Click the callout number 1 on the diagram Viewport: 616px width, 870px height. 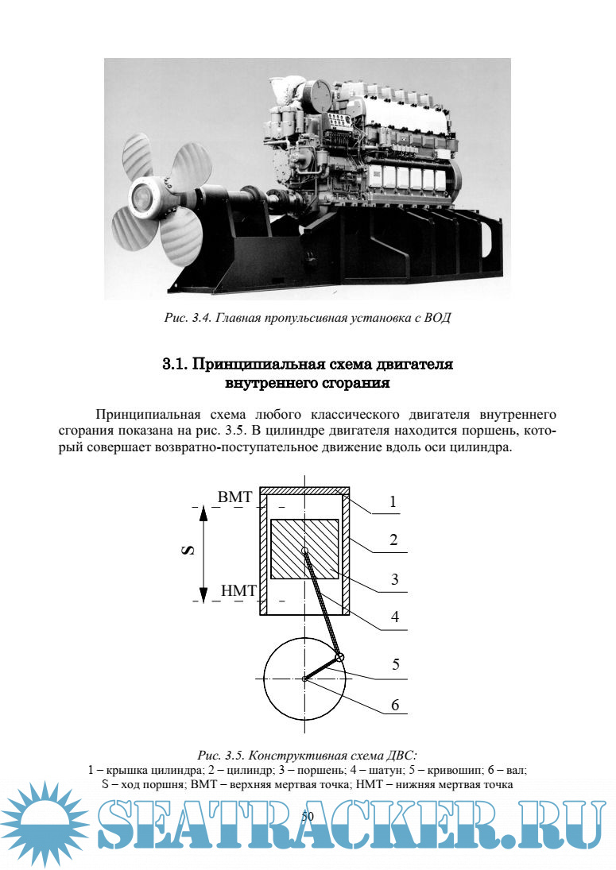click(393, 502)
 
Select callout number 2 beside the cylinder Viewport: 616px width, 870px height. click(393, 540)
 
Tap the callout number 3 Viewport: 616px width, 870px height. click(393, 580)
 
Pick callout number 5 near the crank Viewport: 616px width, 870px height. click(395, 664)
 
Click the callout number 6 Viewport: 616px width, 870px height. click(394, 704)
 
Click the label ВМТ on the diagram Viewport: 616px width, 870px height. click(234, 497)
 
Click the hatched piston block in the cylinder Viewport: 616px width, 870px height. click(304, 549)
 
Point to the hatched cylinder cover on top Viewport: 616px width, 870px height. click(305, 490)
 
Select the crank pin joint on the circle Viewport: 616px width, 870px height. click(340, 656)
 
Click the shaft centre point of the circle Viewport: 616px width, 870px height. click(305, 679)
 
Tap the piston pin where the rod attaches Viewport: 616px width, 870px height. click(305, 550)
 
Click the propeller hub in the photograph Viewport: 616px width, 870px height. click(145, 191)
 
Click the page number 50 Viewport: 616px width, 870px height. click(308, 816)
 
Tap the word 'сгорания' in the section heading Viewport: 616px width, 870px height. click(349, 384)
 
